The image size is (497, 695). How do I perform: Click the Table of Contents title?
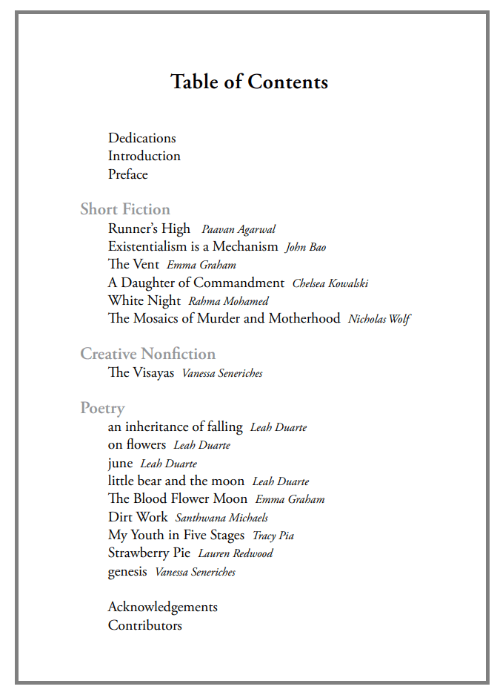(x=249, y=82)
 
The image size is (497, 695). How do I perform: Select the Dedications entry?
(x=142, y=138)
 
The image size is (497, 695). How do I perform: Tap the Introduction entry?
(x=144, y=156)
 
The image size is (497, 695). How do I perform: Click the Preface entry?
(x=128, y=174)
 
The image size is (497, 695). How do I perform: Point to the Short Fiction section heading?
(x=125, y=209)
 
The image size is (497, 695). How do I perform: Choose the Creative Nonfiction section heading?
(x=148, y=354)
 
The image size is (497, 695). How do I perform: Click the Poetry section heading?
(x=102, y=408)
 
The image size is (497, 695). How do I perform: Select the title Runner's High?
(x=149, y=228)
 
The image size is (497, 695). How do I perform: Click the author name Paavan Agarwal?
(x=239, y=230)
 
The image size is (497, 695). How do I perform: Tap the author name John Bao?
(x=306, y=247)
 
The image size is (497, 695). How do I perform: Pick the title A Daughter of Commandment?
(x=196, y=283)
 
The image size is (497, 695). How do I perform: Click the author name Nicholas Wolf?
(x=379, y=319)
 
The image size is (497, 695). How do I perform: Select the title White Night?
(x=144, y=300)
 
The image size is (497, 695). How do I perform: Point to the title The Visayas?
(x=141, y=372)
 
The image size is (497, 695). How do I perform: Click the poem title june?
(x=120, y=464)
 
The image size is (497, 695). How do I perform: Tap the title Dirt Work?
(x=138, y=517)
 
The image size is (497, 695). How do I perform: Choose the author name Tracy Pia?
(x=273, y=536)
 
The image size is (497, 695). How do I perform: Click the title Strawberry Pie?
(x=149, y=553)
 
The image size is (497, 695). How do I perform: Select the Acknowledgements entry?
(x=163, y=607)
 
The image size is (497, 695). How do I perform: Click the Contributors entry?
(x=145, y=625)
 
